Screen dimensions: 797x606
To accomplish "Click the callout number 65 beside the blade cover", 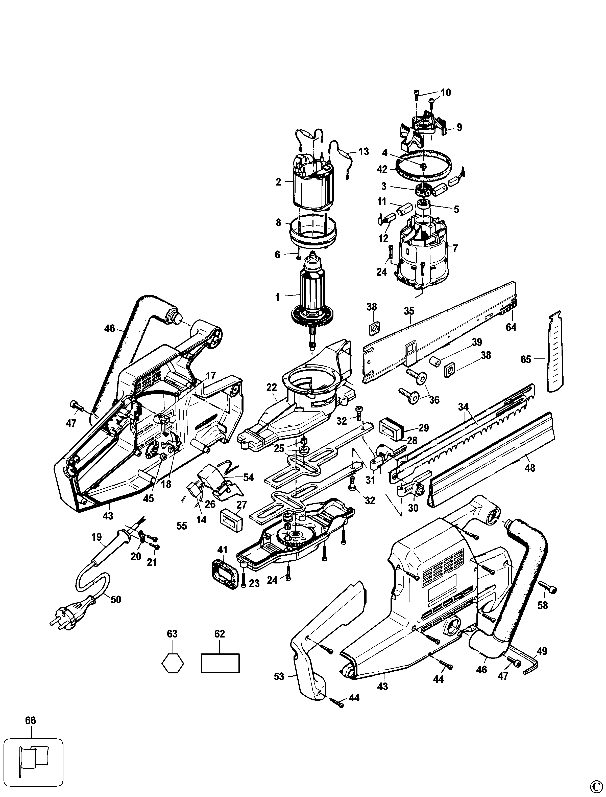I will pyautogui.click(x=526, y=359).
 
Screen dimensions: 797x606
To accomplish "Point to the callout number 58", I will pyautogui.click(x=543, y=605).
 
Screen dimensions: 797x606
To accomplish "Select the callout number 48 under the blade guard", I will pyautogui.click(x=530, y=468).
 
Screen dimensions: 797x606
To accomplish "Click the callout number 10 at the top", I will pyautogui.click(x=446, y=93).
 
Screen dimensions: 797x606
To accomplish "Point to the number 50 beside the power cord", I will pyautogui.click(x=116, y=600).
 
